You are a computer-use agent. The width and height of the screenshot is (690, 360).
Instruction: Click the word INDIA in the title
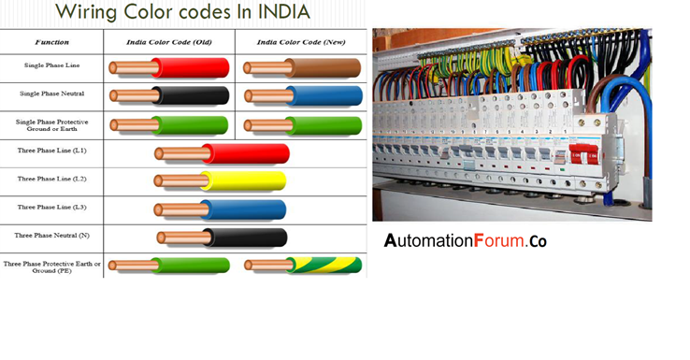tap(273, 12)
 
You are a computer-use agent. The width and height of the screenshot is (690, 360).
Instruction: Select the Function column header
tap(51, 42)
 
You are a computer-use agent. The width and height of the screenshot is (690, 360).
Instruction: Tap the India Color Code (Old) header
tap(169, 42)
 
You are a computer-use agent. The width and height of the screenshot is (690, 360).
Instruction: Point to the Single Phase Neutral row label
tap(51, 94)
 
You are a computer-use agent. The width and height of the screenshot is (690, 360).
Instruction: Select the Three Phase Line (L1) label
tap(51, 150)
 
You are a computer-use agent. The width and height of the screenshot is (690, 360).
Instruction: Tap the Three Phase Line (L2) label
tap(51, 179)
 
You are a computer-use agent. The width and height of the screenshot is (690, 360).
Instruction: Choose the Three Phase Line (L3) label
tap(51, 207)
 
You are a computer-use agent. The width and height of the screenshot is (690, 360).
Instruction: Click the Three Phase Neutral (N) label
tap(51, 236)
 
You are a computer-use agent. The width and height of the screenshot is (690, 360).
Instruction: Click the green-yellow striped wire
tap(323, 266)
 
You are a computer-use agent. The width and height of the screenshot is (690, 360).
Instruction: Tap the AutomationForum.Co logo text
tap(465, 240)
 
